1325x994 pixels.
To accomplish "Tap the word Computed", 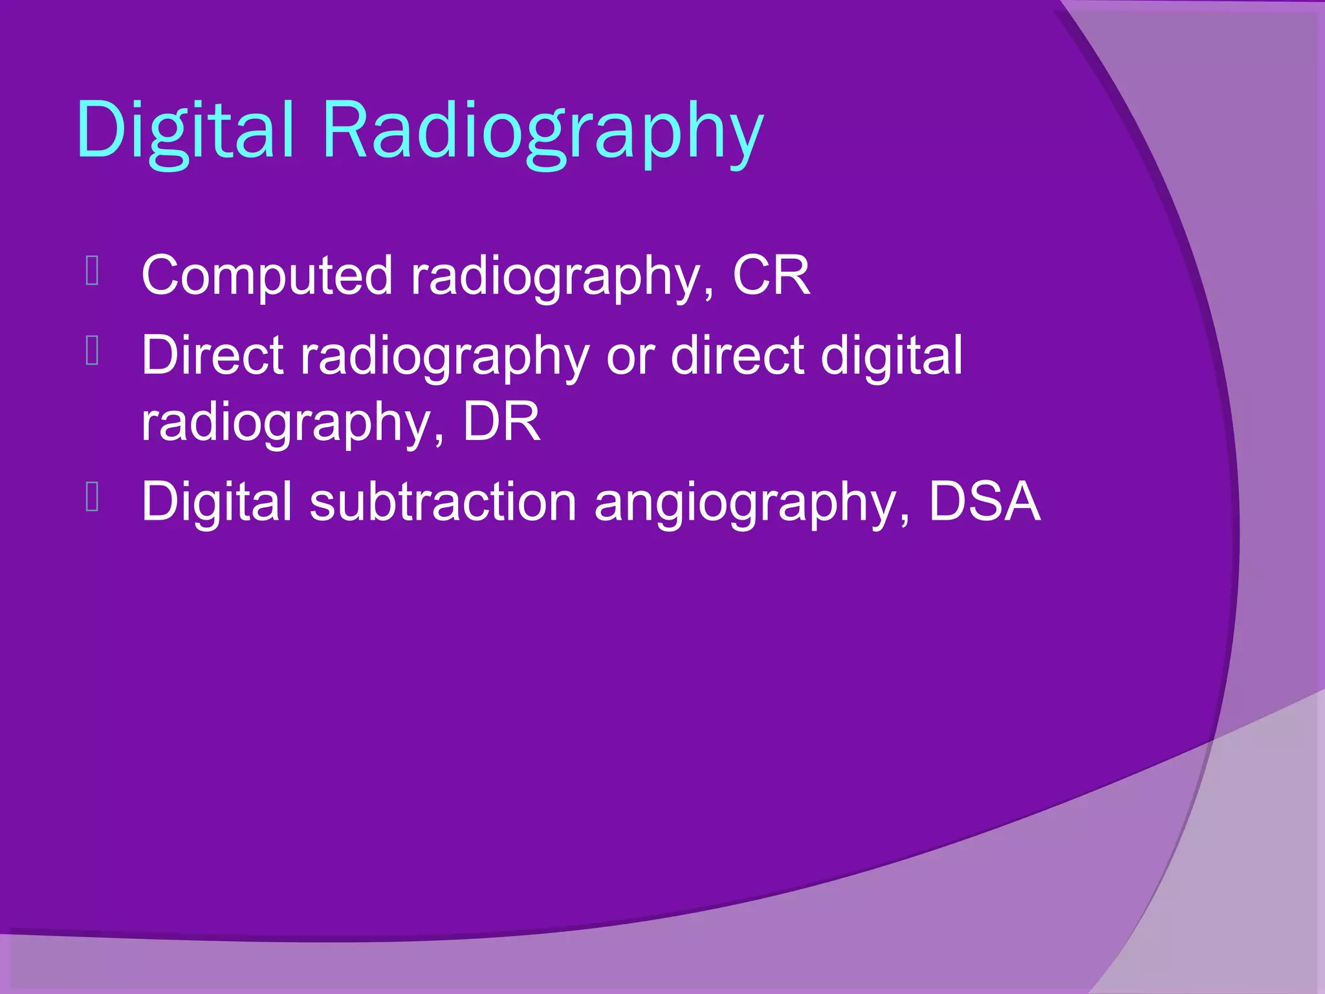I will (x=267, y=276).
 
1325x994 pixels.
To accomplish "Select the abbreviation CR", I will (x=771, y=276).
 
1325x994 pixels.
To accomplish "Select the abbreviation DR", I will (x=501, y=422).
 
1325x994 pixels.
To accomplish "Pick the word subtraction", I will (x=443, y=502).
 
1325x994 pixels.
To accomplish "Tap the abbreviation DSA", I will (x=984, y=502).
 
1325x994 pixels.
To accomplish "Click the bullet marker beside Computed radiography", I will (x=92, y=271).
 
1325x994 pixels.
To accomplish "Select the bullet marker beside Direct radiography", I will (x=92, y=351).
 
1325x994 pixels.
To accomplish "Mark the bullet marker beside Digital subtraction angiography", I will (x=92, y=497).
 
